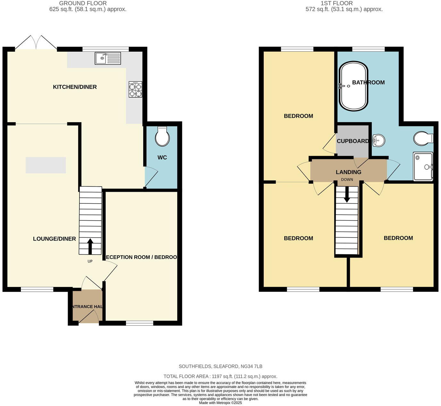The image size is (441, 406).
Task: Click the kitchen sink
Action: click(x=108, y=58)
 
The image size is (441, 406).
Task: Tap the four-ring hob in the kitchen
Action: click(x=136, y=89)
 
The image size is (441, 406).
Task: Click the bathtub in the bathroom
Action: click(x=353, y=86)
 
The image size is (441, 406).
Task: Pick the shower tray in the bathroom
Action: click(x=423, y=166)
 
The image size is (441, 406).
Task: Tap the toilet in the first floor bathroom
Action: click(x=423, y=139)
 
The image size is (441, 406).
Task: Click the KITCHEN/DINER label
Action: click(x=75, y=87)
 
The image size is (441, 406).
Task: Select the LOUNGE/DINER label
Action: click(x=54, y=239)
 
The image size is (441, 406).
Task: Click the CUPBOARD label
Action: click(x=353, y=141)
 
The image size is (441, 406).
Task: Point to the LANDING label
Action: click(x=348, y=172)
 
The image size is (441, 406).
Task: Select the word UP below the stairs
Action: click(x=90, y=261)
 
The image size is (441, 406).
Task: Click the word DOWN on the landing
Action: click(x=347, y=180)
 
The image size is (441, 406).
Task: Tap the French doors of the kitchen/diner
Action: click(x=36, y=42)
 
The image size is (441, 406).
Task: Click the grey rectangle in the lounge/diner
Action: click(x=46, y=165)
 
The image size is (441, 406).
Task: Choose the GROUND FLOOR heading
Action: click(x=83, y=3)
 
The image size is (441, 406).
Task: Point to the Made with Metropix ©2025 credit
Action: click(x=220, y=403)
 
